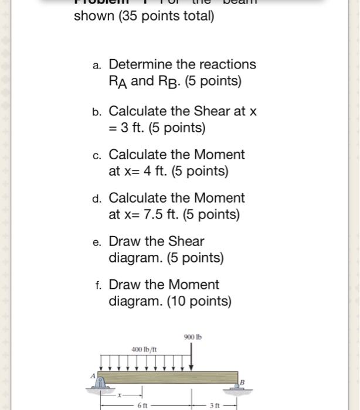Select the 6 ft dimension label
pyautogui.click(x=141, y=405)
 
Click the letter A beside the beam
pyautogui.click(x=93, y=375)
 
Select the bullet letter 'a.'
pyautogui.click(x=97, y=66)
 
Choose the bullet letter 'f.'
pyautogui.click(x=98, y=286)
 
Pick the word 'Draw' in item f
pyautogui.click(x=124, y=285)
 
